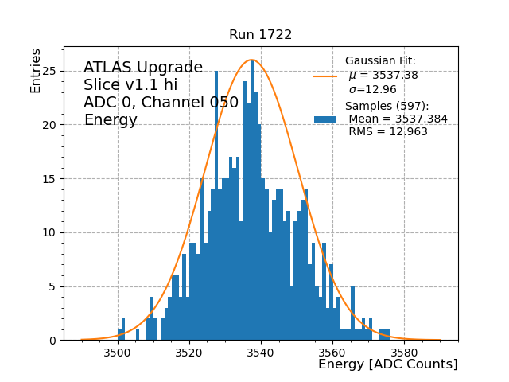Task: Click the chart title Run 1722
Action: coord(260,35)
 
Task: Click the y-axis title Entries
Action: coord(36,70)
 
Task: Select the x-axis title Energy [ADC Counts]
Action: coord(387,364)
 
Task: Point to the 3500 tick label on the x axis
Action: coord(118,352)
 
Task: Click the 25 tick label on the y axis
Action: coord(50,71)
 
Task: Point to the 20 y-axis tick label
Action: coord(50,125)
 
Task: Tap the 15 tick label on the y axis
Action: coord(50,179)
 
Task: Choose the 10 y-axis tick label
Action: coord(50,233)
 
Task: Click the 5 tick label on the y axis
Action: coord(53,286)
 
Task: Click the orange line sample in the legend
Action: coord(325,76)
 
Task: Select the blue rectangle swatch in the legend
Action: coord(325,119)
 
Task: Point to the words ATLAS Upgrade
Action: coord(143,68)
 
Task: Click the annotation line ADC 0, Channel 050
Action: coord(161,103)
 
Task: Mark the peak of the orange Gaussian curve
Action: coord(251,60)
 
